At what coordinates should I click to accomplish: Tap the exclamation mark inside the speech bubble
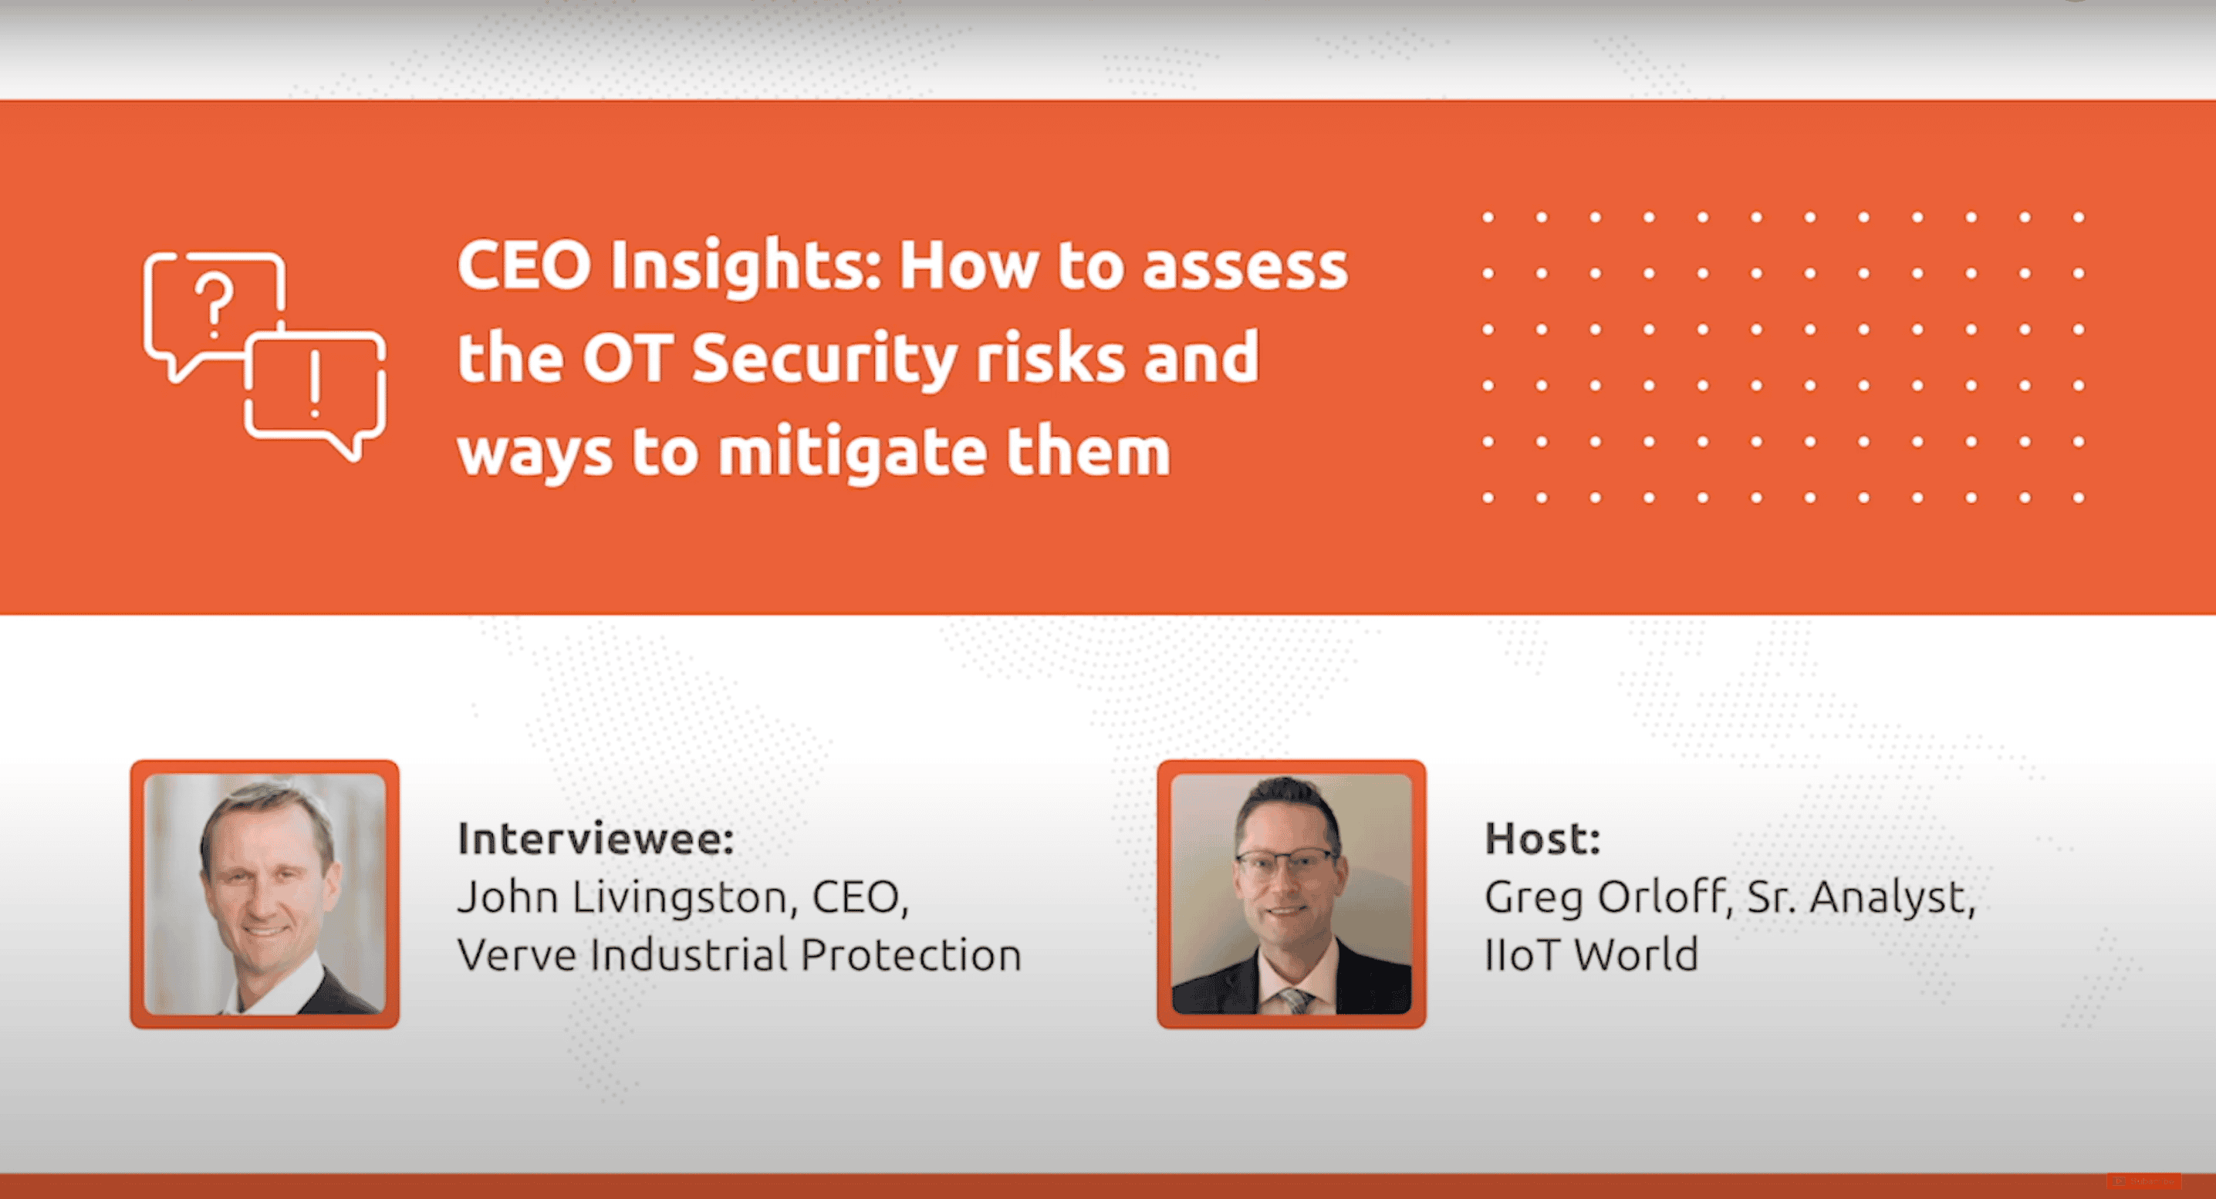315,383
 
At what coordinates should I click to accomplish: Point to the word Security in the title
824,360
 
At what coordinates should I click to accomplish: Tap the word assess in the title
1245,268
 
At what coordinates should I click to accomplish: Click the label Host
1542,839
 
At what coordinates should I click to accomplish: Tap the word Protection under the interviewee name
911,954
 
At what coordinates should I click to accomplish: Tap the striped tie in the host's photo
1293,1000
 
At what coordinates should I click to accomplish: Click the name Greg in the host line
1534,900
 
